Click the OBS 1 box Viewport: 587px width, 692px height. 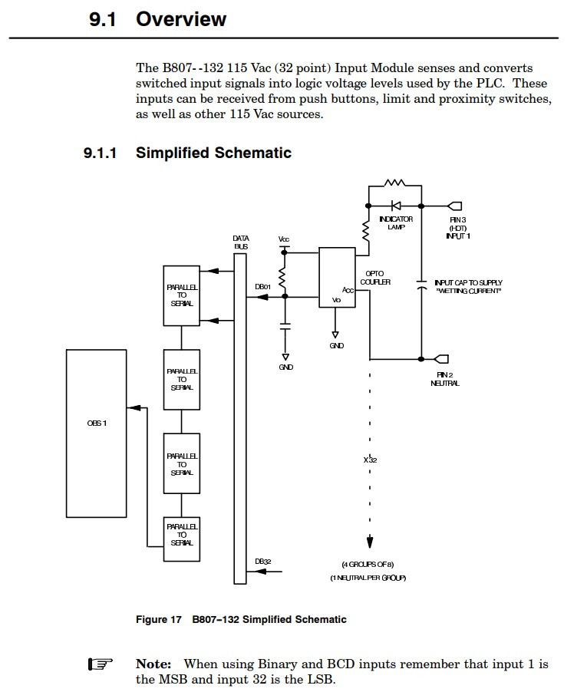97,433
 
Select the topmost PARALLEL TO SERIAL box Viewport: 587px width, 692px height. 182,295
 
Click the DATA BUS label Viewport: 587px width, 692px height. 241,242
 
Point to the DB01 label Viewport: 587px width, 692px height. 262,287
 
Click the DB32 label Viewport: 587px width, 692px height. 262,562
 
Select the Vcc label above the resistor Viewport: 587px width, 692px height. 284,240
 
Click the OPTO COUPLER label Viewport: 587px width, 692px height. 375,278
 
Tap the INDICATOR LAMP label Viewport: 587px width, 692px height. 396,223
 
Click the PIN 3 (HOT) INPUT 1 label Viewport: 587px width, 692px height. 458,228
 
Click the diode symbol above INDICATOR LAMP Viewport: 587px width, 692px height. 396,206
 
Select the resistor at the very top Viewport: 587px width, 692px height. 395,183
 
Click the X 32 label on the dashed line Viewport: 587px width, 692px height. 370,460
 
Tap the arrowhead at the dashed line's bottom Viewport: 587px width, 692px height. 370,542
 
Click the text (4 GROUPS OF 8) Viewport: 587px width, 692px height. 368,564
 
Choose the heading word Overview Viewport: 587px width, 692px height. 181,19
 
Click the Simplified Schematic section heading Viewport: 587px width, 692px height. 213,153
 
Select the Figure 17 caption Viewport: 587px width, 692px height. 241,620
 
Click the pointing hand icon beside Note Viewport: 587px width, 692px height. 101,664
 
